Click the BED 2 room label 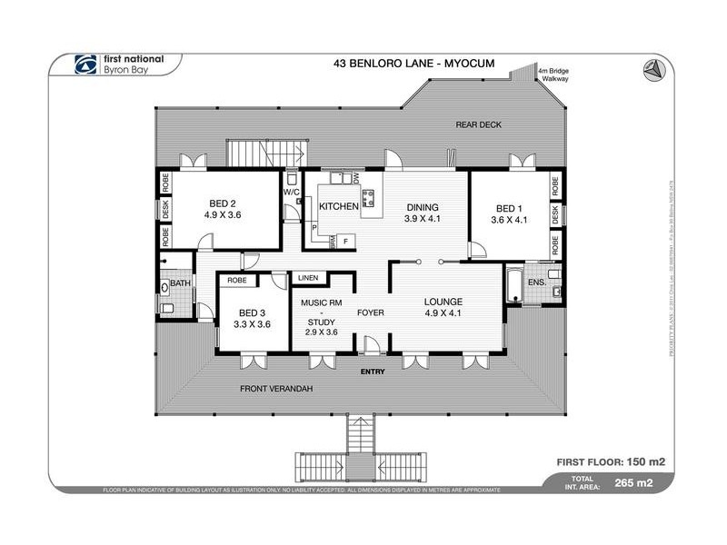pyautogui.click(x=222, y=203)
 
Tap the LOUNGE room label pyautogui.click(x=443, y=302)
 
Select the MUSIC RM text pyautogui.click(x=322, y=302)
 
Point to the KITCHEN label pyautogui.click(x=337, y=208)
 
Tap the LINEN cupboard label pyautogui.click(x=307, y=277)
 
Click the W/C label pyautogui.click(x=292, y=193)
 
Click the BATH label pyautogui.click(x=179, y=284)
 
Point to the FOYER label pyautogui.click(x=370, y=312)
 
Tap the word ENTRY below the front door pyautogui.click(x=373, y=371)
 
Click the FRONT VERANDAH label pyautogui.click(x=276, y=389)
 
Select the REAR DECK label pyautogui.click(x=478, y=124)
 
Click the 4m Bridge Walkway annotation pyautogui.click(x=553, y=74)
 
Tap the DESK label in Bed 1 pyautogui.click(x=553, y=214)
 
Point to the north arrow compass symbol pyautogui.click(x=652, y=68)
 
